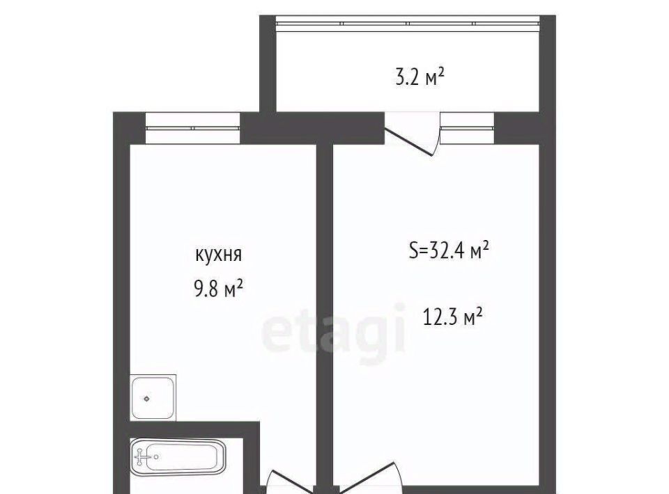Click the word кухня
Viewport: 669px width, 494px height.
(x=218, y=255)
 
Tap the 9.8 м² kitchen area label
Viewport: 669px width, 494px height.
(x=218, y=289)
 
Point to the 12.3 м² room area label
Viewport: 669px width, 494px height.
(x=452, y=317)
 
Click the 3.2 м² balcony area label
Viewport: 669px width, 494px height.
(x=420, y=78)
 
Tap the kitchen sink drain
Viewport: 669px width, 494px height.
(x=147, y=399)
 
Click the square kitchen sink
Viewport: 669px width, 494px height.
(x=153, y=398)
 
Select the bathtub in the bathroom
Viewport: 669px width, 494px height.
(x=178, y=458)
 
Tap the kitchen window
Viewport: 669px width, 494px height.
(x=193, y=128)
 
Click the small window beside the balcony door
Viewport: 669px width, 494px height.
(x=467, y=128)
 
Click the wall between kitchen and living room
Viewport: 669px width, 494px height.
(x=325, y=315)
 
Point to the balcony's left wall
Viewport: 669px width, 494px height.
(x=268, y=64)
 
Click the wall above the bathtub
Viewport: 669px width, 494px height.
(x=194, y=430)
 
